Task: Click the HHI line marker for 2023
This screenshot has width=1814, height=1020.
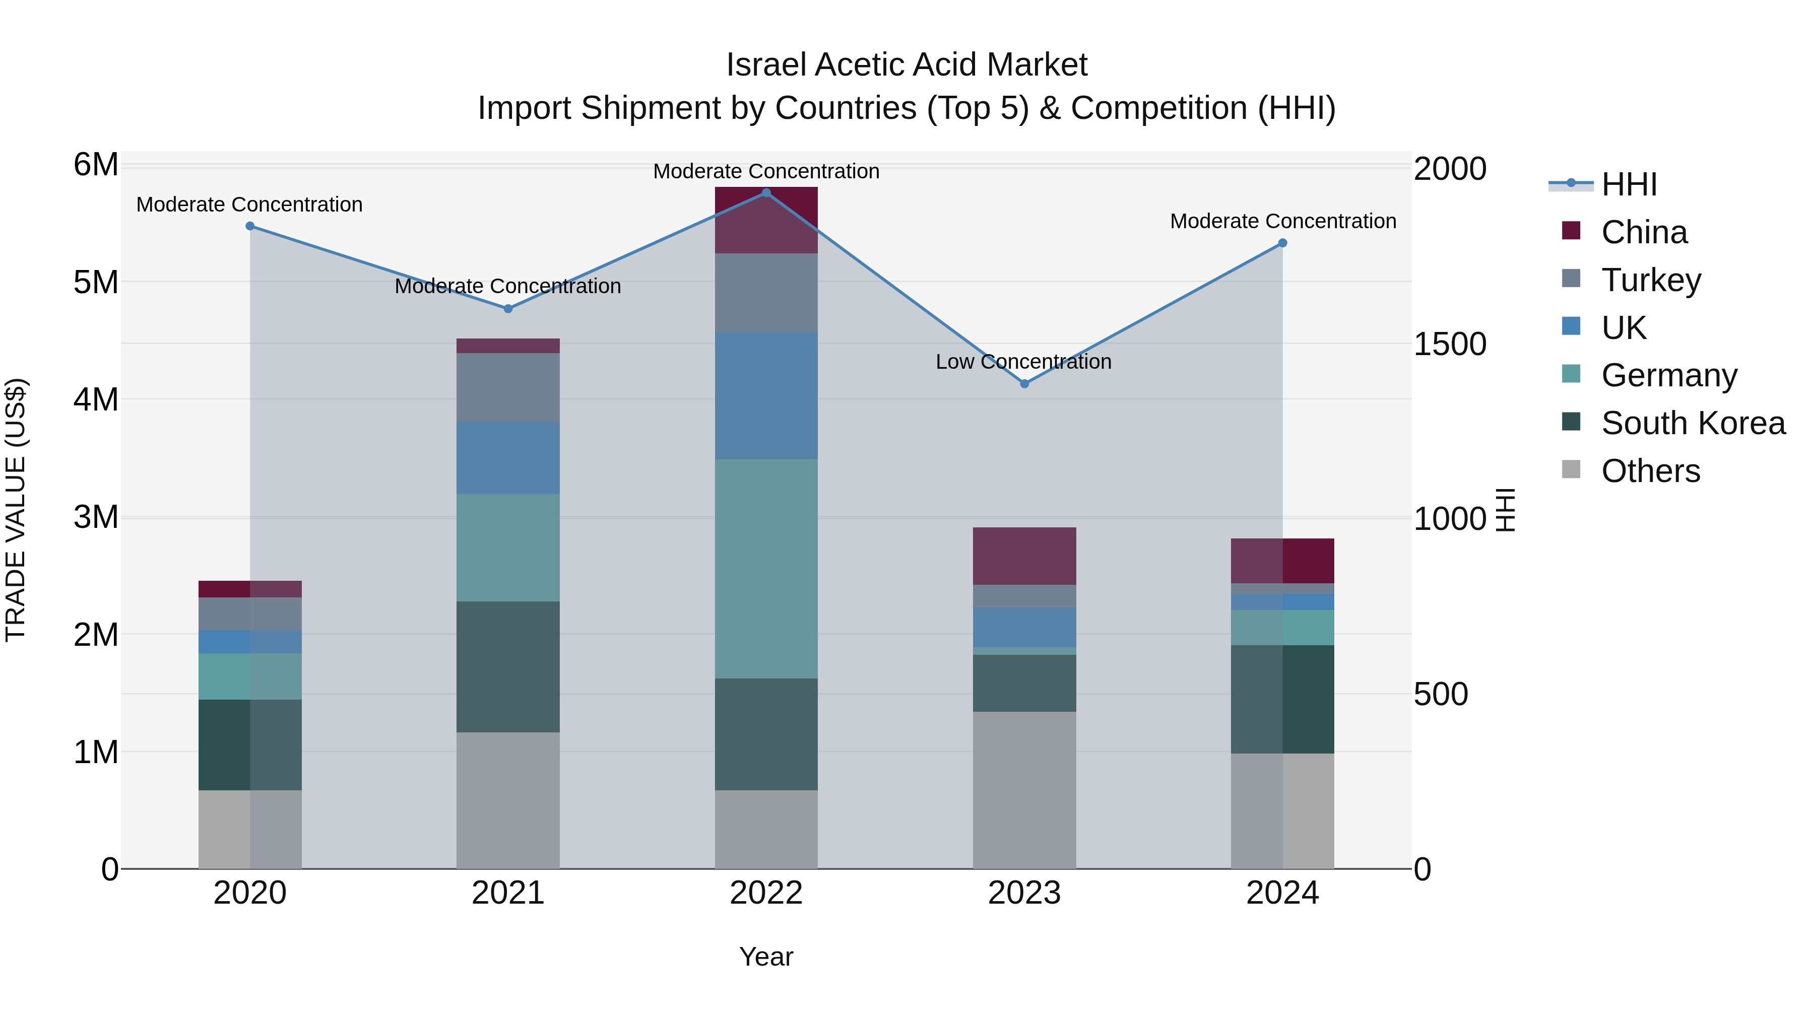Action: click(1024, 384)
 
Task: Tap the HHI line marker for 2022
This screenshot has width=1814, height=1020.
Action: click(766, 192)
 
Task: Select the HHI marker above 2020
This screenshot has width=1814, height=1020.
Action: click(250, 226)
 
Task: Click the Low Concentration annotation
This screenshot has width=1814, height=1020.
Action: click(1023, 362)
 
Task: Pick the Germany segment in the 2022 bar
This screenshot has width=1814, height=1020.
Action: click(766, 569)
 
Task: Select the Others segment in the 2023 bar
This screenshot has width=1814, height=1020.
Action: click(1024, 790)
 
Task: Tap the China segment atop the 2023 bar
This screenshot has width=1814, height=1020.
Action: click(1024, 556)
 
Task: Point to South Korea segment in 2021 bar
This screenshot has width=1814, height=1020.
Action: click(508, 666)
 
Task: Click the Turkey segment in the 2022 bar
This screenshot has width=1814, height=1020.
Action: click(766, 292)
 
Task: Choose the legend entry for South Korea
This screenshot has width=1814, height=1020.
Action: click(1693, 423)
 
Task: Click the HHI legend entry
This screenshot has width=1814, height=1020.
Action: click(1629, 184)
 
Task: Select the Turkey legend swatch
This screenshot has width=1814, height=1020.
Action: click(1571, 279)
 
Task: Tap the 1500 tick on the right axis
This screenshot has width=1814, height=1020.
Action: click(1450, 344)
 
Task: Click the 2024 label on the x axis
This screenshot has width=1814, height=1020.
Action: click(1282, 893)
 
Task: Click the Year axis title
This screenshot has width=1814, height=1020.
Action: click(766, 957)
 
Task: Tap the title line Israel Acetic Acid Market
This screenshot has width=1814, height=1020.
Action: click(906, 65)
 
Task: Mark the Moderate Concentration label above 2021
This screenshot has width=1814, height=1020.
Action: click(508, 287)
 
